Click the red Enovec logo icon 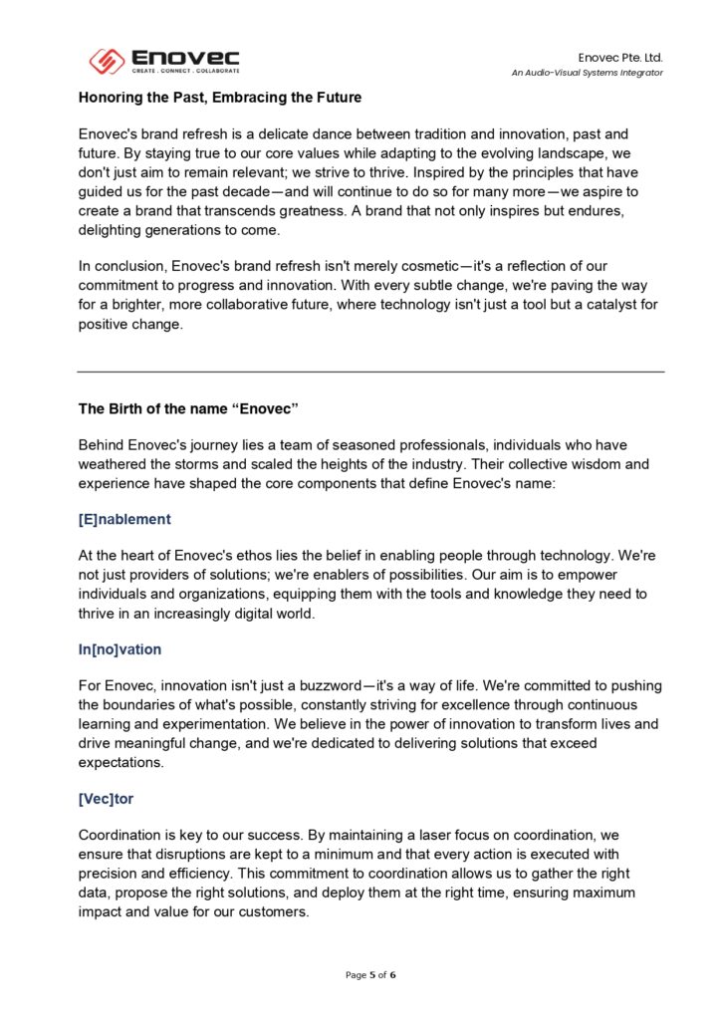coord(107,62)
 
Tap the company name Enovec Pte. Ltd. coord(620,58)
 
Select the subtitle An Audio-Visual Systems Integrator coord(588,73)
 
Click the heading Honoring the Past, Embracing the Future coord(220,98)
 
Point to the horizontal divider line coord(370,372)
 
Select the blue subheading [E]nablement coord(124,519)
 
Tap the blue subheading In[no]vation coord(120,649)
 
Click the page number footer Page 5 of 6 coord(370,974)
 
